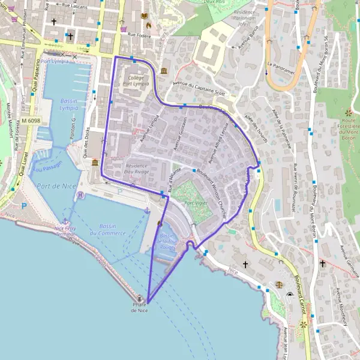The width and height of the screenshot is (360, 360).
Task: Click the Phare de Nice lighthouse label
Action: click(x=139, y=307)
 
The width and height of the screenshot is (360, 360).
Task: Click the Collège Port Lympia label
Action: click(x=137, y=81)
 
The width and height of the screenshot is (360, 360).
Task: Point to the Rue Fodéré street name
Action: click(x=139, y=35)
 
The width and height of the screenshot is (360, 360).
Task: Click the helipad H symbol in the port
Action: click(x=80, y=196)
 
